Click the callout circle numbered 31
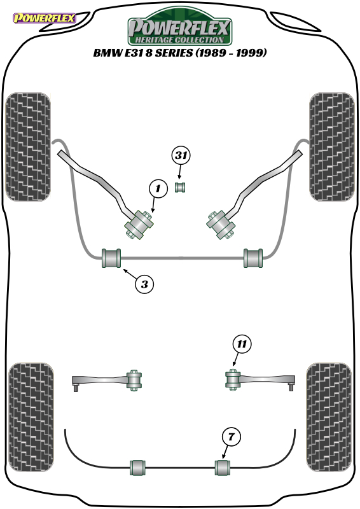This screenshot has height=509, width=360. (181, 155)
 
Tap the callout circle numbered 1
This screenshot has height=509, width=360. (158, 188)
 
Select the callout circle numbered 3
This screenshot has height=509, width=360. (144, 284)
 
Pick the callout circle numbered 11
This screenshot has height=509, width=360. (242, 344)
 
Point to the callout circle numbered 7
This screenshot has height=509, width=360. (231, 436)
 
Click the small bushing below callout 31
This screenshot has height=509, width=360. (181, 187)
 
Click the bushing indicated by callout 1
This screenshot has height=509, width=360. (139, 225)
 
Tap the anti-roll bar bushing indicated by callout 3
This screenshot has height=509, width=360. (111, 258)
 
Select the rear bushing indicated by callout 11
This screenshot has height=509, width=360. (232, 379)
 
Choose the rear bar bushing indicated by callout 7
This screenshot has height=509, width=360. (223, 468)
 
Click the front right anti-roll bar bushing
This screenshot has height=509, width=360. (253, 258)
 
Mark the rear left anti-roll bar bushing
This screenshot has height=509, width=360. (137, 468)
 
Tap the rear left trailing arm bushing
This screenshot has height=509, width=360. (134, 380)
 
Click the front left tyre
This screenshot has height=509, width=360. (28, 147)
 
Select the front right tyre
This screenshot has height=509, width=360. (332, 147)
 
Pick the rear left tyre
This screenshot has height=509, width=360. (31, 417)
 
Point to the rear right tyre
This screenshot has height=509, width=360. (329, 417)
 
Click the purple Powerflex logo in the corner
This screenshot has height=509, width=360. (45, 18)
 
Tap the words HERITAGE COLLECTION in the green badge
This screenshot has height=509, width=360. (179, 39)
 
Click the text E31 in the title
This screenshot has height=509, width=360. (134, 52)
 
